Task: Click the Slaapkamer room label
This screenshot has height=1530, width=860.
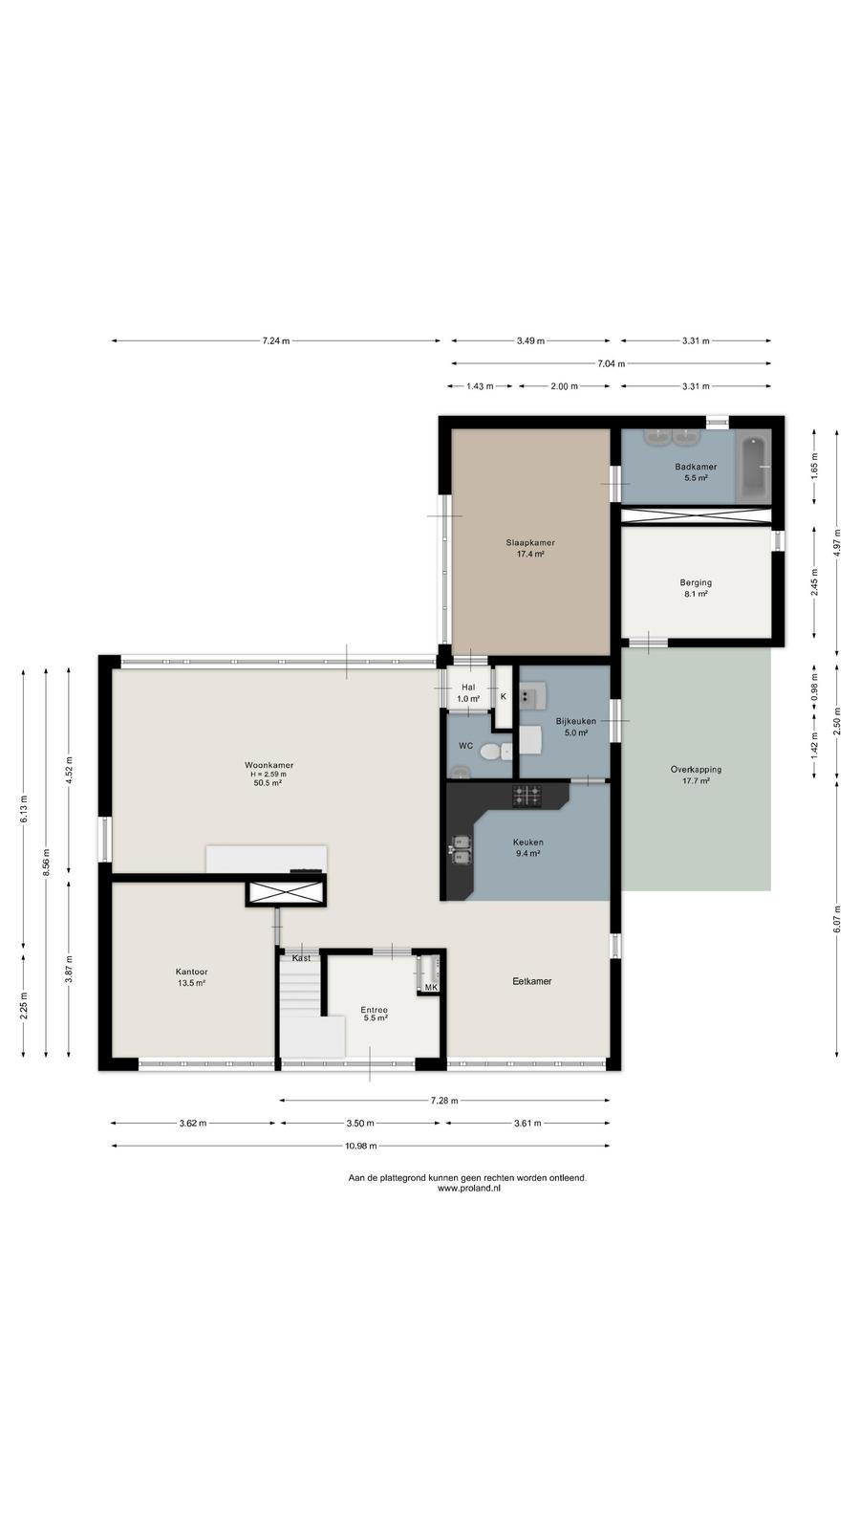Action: (530, 543)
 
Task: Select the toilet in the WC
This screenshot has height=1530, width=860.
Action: (496, 752)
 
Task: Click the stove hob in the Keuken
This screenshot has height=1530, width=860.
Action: (527, 795)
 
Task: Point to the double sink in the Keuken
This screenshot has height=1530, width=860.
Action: (461, 849)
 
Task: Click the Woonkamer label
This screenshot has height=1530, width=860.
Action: (269, 765)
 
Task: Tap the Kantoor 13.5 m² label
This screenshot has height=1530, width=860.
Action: (192, 977)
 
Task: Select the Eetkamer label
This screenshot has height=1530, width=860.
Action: (532, 981)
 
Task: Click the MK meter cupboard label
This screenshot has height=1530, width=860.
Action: (431, 988)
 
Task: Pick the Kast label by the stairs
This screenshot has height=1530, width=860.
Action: (301, 958)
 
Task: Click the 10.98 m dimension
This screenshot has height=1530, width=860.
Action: (361, 1146)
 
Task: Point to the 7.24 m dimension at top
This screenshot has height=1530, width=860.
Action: (276, 340)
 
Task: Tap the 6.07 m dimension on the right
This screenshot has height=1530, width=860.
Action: (837, 919)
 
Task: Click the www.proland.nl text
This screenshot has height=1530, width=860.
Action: (469, 1189)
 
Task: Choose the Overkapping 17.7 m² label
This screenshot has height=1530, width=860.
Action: (697, 776)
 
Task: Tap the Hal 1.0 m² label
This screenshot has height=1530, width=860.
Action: (468, 693)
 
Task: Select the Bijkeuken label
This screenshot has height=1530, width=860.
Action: (576, 721)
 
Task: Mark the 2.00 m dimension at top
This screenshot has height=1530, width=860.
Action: (565, 386)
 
